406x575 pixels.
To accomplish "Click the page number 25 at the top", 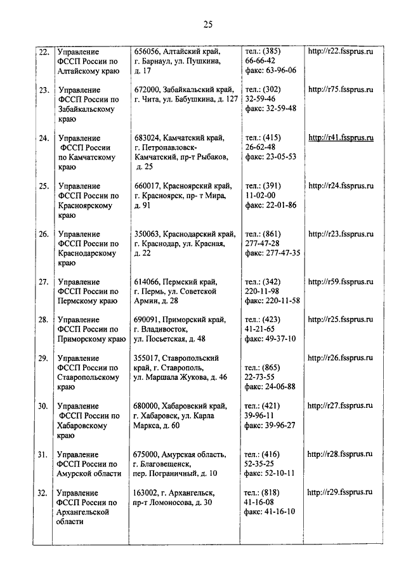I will [207, 25].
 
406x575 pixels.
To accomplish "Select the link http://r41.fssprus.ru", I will [340, 137].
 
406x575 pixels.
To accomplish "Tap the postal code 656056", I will [147, 50].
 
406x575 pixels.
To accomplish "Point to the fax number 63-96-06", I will [279, 71].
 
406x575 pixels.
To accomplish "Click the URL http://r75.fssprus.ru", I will [340, 90].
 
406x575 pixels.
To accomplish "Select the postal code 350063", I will [147, 233].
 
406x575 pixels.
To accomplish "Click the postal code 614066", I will [147, 281].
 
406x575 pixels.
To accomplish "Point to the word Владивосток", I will [162, 329].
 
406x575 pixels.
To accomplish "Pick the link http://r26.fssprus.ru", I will [340, 358].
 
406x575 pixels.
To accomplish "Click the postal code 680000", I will [147, 406].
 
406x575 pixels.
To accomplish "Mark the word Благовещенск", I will [166, 464].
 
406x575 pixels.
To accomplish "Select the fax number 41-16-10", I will [279, 512].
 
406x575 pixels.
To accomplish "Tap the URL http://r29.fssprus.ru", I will [340, 492].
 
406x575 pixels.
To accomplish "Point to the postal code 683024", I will [147, 137].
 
